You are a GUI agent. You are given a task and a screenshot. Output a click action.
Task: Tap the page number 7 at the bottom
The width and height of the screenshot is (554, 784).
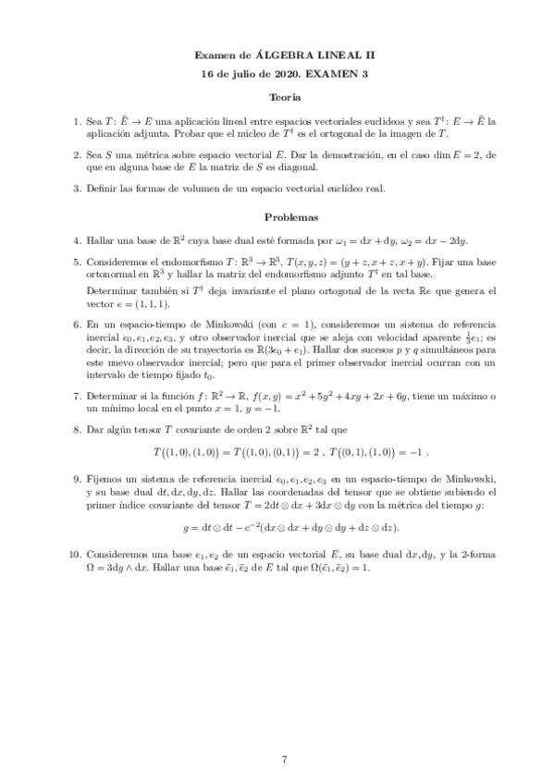(285, 759)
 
